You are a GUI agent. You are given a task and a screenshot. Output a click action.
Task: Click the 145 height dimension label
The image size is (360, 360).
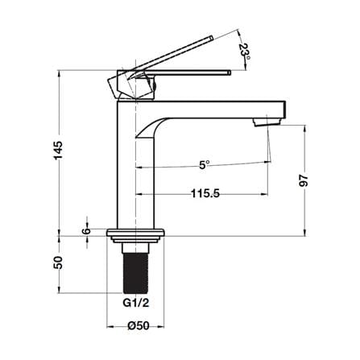[58, 150]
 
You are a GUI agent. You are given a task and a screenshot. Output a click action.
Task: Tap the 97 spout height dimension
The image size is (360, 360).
[304, 180]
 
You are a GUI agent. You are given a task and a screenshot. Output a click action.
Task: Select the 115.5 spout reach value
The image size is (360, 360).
[205, 193]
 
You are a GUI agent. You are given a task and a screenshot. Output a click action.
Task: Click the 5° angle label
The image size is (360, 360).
[205, 164]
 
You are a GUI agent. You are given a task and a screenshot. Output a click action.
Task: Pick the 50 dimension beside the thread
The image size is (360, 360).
[58, 263]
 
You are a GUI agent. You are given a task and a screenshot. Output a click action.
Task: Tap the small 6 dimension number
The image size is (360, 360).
[86, 231]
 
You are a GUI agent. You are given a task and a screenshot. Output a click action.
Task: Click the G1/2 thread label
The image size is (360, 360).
[136, 303]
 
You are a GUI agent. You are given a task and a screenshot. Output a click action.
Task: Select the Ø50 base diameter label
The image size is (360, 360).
[139, 326]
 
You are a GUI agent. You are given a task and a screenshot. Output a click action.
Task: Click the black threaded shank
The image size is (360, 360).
[135, 273]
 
